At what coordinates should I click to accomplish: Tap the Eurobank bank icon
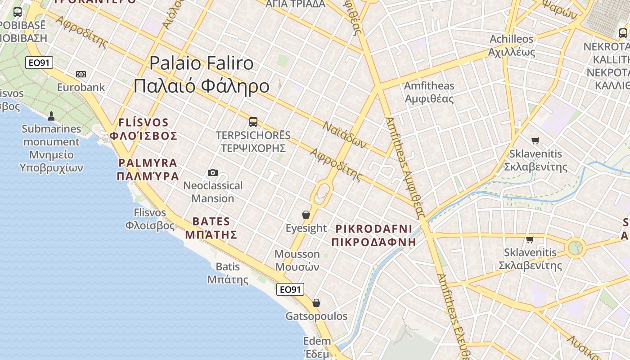[81, 74]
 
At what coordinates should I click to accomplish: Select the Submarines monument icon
[51, 116]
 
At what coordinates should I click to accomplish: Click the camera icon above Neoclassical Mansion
[213, 172]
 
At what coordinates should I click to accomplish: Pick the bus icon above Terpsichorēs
[253, 121]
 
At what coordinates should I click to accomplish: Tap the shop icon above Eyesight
[306, 215]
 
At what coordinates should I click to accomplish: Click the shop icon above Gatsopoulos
[316, 303]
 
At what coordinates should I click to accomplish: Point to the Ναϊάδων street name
[345, 135]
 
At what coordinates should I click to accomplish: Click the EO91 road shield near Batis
[290, 289]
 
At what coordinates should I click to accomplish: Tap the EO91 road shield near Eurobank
[39, 63]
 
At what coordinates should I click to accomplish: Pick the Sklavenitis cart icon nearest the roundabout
[530, 239]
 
